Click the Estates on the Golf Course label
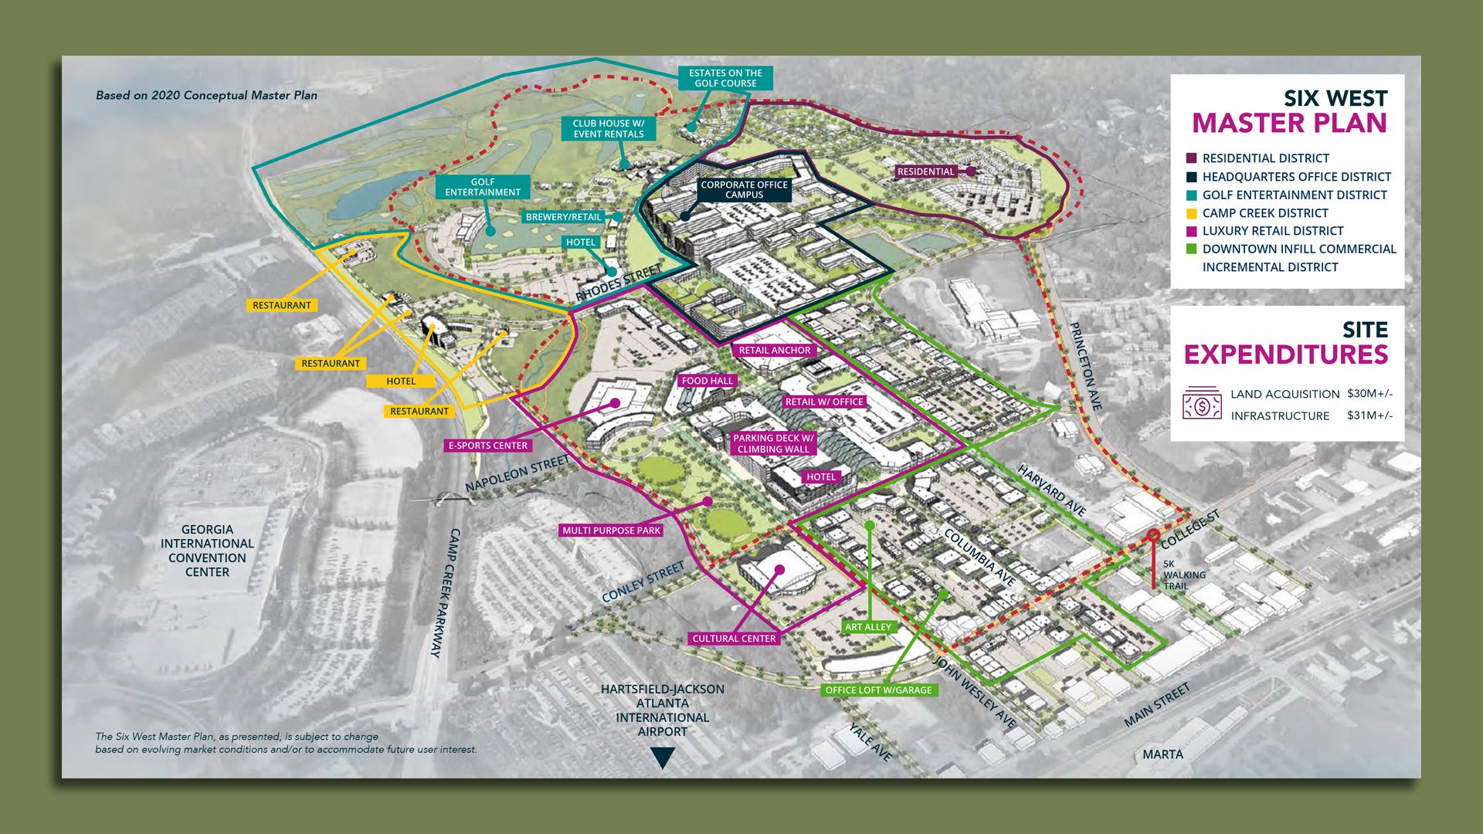click(725, 78)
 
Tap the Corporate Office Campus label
click(744, 190)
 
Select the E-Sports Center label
click(488, 446)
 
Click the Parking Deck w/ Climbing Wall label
click(773, 443)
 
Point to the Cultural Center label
click(734, 639)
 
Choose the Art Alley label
click(868, 627)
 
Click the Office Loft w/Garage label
click(878, 690)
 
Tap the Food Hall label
click(707, 381)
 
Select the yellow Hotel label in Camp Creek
click(401, 381)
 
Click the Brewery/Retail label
click(563, 217)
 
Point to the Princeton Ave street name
click(1085, 366)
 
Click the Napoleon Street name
click(517, 473)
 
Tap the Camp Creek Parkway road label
click(445, 593)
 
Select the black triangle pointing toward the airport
click(663, 758)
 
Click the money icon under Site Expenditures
click(1202, 404)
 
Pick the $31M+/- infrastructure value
click(1369, 415)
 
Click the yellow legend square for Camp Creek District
click(1191, 213)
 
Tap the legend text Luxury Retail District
click(1272, 231)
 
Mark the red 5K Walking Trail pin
click(1153, 535)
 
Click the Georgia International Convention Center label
click(207, 551)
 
